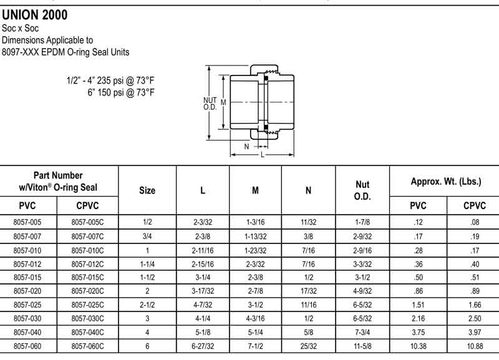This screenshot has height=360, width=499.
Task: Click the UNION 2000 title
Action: coord(35,15)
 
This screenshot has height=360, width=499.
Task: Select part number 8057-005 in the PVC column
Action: coord(27,222)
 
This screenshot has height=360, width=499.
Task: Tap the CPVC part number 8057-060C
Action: coord(87,346)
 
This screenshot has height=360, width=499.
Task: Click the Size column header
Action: coord(147,190)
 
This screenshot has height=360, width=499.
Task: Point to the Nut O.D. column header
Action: coord(362,190)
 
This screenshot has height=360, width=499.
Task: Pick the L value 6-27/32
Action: coord(203,346)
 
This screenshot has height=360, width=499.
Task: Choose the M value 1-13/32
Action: coord(256,236)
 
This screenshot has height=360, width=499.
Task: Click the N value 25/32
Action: coord(308,346)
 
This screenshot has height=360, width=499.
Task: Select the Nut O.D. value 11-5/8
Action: coord(362,346)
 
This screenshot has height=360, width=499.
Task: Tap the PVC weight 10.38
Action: coord(418,346)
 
